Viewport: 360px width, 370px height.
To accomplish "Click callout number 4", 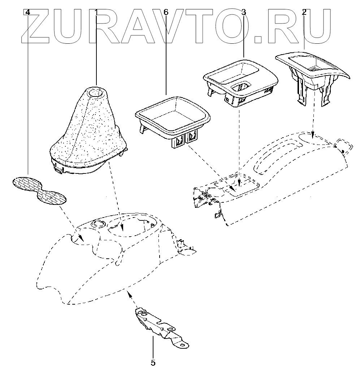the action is point(28,12).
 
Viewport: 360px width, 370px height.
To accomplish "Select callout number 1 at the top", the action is point(96,12).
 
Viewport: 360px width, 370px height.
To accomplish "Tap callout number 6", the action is point(166,12).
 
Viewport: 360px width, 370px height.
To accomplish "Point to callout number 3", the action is point(244,12).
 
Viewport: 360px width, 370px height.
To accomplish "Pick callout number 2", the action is point(304,12).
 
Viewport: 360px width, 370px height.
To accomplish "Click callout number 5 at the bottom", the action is point(153,362).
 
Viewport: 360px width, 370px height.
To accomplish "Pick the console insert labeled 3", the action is point(240,81).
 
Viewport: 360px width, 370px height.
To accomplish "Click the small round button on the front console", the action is point(96,224).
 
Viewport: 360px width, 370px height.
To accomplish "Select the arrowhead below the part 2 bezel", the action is point(313,136).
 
